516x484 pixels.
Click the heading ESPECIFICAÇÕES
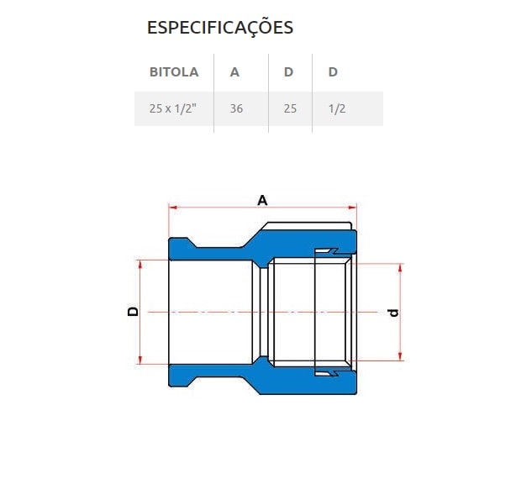[220, 28]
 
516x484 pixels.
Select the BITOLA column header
[174, 72]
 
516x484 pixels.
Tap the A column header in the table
[234, 72]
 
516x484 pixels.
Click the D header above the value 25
[288, 72]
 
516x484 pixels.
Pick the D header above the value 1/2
[333, 72]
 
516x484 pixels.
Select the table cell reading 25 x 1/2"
[173, 109]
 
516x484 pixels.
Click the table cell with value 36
[236, 109]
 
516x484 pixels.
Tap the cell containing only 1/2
[337, 109]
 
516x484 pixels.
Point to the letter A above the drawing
[262, 200]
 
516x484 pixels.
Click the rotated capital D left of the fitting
[133, 311]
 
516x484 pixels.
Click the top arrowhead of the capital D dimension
[140, 263]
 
